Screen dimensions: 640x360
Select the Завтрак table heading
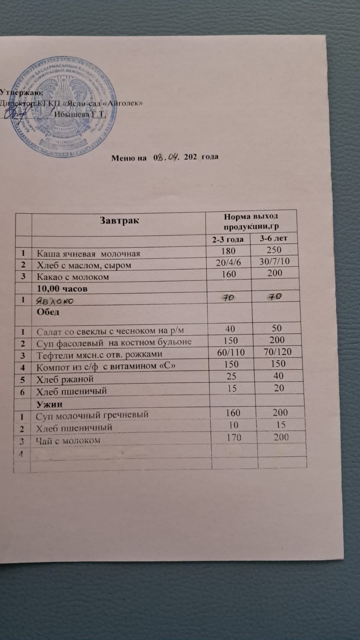[120, 221]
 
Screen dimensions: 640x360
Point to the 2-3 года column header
[227, 239]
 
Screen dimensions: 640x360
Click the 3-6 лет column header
[274, 239]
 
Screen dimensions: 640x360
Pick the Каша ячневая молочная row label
[88, 253]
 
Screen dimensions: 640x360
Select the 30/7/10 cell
[274, 261]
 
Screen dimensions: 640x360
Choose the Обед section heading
[48, 312]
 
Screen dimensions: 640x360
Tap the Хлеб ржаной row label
[65, 379]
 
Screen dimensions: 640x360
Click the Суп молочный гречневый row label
[92, 415]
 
